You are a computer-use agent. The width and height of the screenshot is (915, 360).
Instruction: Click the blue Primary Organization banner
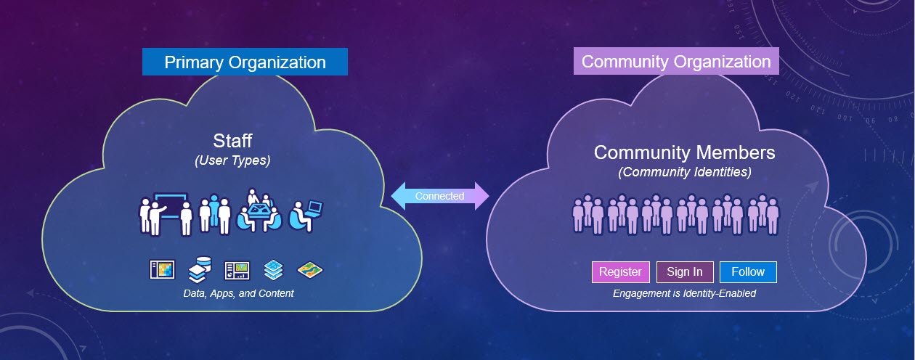(x=245, y=62)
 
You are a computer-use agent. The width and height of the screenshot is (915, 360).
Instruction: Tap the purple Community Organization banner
(x=676, y=61)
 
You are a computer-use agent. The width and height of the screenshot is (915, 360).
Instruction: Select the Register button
(x=620, y=272)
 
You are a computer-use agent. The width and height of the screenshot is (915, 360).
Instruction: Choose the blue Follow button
(x=748, y=272)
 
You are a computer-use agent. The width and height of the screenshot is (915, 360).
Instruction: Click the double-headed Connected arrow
(x=440, y=196)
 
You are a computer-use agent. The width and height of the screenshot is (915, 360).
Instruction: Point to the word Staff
(x=232, y=140)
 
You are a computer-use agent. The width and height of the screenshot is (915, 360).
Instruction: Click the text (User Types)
(x=232, y=161)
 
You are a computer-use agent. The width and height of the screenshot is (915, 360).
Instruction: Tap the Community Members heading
(x=684, y=152)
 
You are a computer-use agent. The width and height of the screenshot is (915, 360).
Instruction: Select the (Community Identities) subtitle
(x=684, y=173)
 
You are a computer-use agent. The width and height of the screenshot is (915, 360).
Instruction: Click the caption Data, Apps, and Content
(x=238, y=293)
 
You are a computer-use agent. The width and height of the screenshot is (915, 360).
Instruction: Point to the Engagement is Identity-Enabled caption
(x=684, y=293)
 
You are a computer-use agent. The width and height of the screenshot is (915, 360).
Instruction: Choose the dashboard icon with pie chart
(x=237, y=271)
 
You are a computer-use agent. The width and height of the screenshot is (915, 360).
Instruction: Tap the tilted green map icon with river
(x=310, y=271)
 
